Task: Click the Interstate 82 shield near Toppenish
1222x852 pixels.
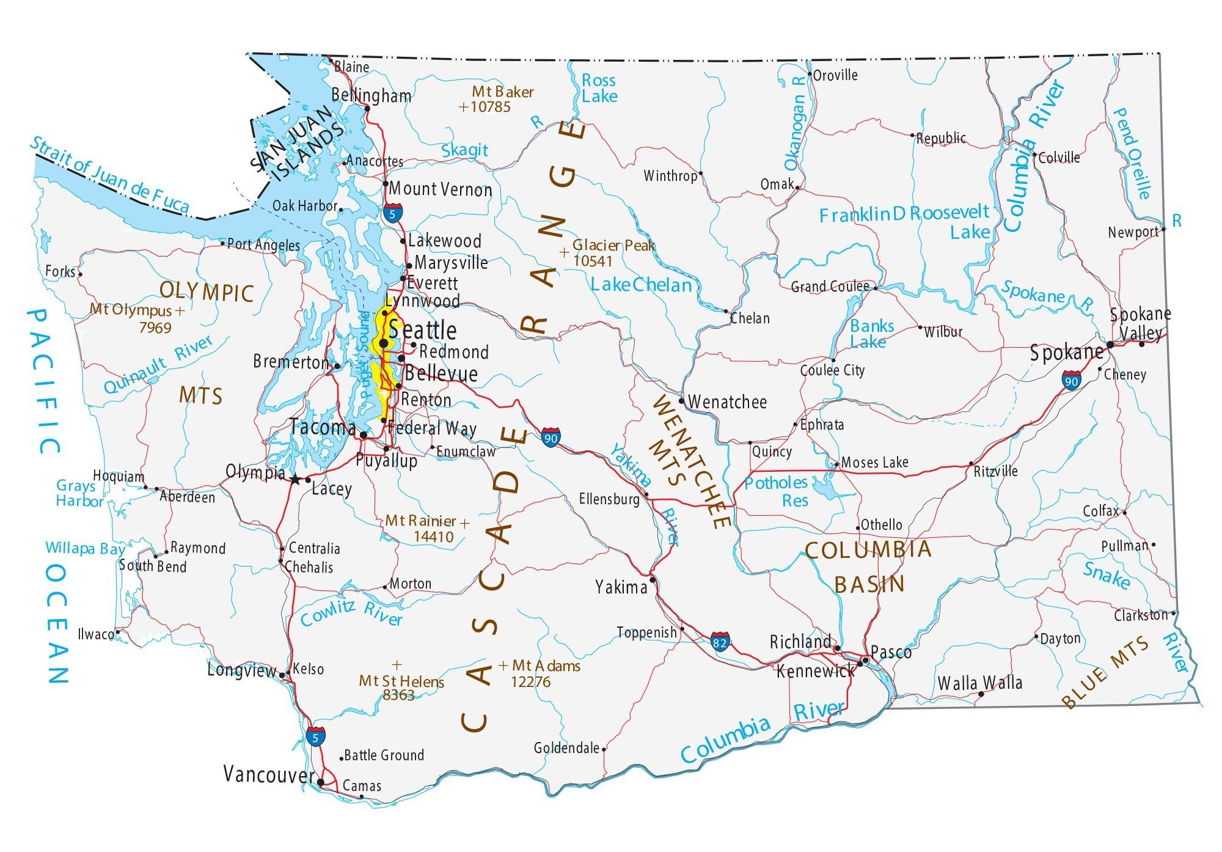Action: (x=720, y=642)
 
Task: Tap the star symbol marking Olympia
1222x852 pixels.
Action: (x=296, y=480)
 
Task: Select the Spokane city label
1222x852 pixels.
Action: (x=1066, y=353)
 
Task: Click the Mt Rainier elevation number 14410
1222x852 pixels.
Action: (x=433, y=537)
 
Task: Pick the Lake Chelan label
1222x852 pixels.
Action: (x=641, y=285)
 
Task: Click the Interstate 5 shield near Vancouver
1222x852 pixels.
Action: (x=315, y=736)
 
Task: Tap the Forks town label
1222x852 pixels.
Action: (x=60, y=271)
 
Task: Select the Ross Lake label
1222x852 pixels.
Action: (x=599, y=88)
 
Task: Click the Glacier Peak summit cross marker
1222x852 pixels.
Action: (x=564, y=251)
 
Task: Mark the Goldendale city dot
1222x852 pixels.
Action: (x=604, y=749)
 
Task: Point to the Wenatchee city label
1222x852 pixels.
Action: (x=727, y=402)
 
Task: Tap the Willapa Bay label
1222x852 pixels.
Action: (x=85, y=548)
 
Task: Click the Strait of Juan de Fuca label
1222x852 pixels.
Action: (x=110, y=175)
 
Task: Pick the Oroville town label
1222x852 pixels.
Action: (x=835, y=75)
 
